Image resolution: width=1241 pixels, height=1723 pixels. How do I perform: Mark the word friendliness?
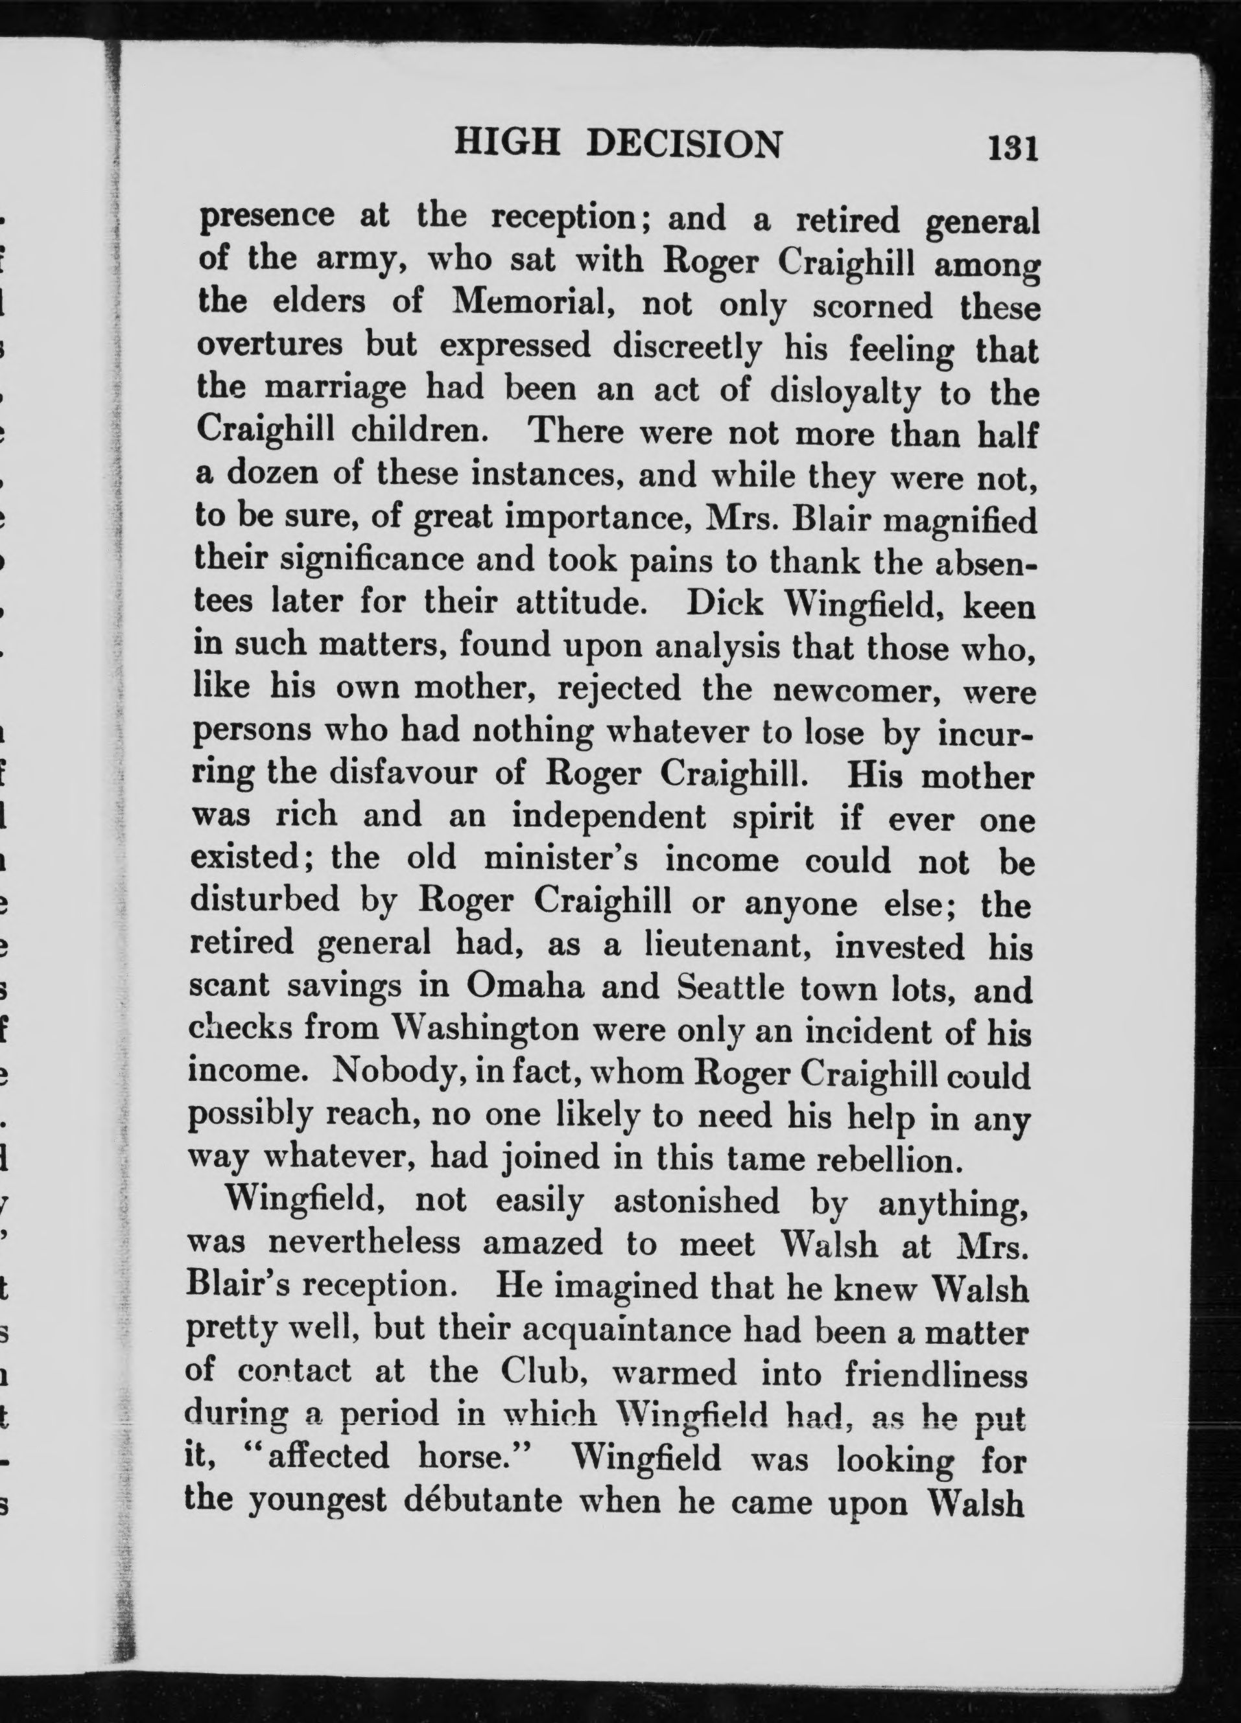(935, 1375)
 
